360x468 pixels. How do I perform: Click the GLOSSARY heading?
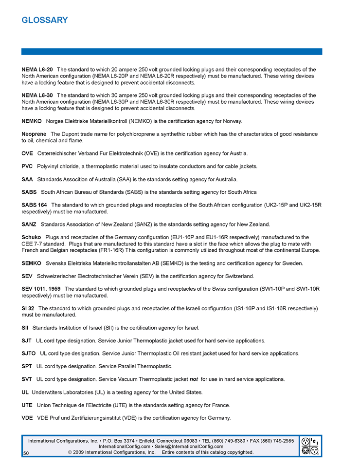tap(45, 20)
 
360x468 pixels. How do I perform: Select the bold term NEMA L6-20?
tap(37, 70)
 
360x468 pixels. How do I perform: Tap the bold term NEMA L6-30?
tap(37, 95)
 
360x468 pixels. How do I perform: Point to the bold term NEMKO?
tap(32, 121)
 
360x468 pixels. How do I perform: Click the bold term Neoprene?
tap(34, 134)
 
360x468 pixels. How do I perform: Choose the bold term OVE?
tap(28, 153)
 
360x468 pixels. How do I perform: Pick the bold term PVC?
tap(27, 166)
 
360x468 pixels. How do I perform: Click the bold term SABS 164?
tap(35, 205)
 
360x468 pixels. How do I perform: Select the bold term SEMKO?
tap(32, 263)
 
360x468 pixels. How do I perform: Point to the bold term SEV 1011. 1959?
tap(41, 289)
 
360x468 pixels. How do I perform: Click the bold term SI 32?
tap(28, 308)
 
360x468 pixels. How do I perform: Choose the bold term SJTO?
tap(29, 353)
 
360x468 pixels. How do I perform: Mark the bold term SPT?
tap(27, 366)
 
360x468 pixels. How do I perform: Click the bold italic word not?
tap(194, 379)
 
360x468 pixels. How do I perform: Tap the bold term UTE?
tap(27, 405)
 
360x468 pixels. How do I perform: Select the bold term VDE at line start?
tap(27, 417)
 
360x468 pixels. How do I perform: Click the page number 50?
tap(26, 453)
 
